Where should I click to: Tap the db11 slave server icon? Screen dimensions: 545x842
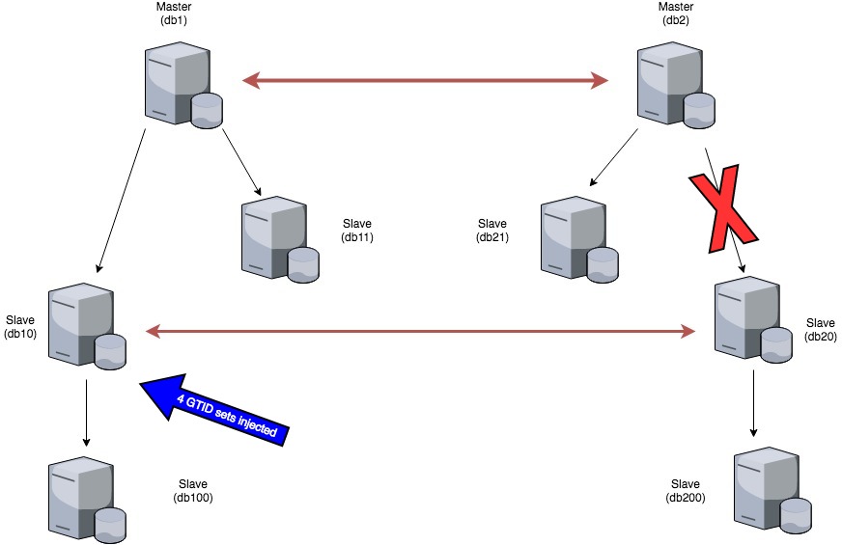(x=277, y=240)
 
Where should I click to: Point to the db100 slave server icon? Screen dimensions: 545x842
(x=85, y=499)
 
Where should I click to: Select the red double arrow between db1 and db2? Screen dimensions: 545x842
(x=425, y=81)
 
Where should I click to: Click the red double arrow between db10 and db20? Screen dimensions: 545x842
(x=420, y=332)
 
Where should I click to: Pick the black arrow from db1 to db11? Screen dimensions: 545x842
(x=241, y=162)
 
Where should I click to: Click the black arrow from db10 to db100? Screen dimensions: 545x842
(x=87, y=413)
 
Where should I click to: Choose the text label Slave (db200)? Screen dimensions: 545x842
(x=685, y=491)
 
